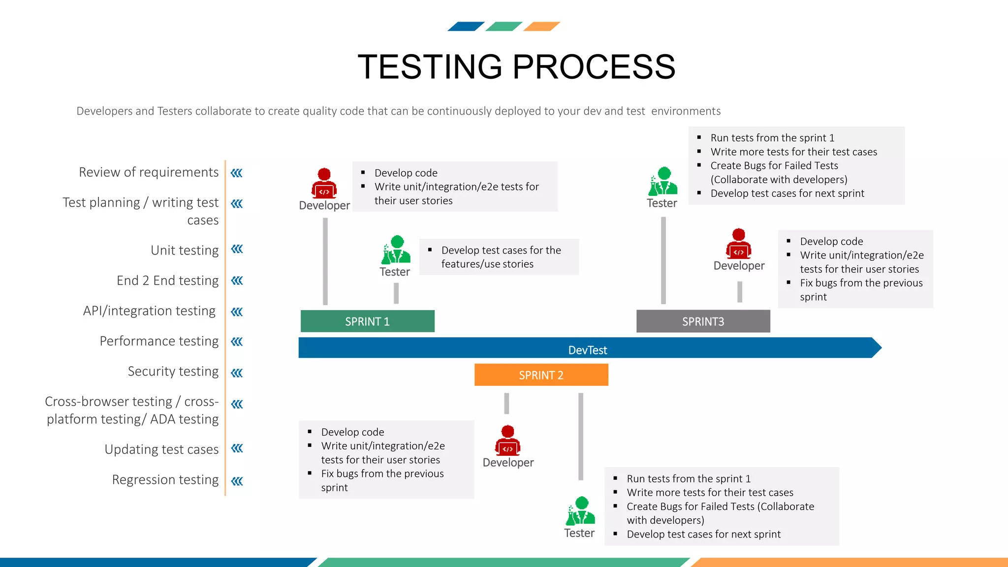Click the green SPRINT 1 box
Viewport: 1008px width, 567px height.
click(x=367, y=321)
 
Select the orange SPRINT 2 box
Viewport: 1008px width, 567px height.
click(x=541, y=375)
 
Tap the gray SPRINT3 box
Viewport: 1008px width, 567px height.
click(x=703, y=321)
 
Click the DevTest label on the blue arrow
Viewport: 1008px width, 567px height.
click(x=588, y=350)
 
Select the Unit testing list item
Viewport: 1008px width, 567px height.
click(x=185, y=250)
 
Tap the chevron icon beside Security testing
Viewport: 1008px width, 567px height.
click(x=237, y=373)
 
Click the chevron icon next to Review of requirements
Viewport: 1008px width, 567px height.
click(x=237, y=173)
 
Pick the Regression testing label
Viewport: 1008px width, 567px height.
click(x=165, y=479)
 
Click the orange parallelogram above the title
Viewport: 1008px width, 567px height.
click(x=541, y=27)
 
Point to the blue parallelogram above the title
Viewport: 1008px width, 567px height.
click(x=466, y=27)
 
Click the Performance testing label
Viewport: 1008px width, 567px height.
click(x=159, y=341)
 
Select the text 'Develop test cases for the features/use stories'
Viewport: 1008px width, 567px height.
click(x=501, y=257)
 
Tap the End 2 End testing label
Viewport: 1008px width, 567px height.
click(x=167, y=281)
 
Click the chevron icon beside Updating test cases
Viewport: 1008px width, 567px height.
click(x=237, y=448)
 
